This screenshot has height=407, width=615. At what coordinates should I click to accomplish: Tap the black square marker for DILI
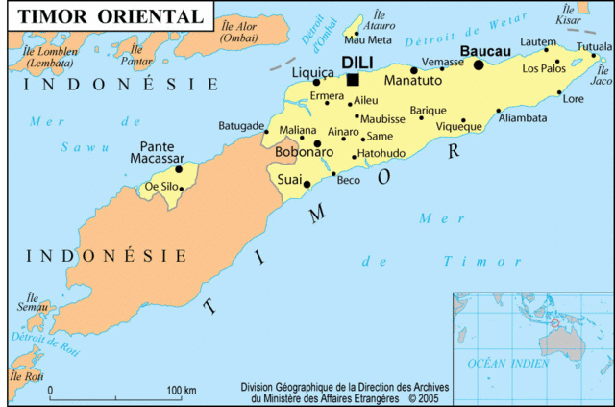pos(353,80)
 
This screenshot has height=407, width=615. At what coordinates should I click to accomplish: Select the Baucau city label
pos(484,50)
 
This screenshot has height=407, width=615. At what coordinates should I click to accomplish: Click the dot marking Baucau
pos(479,64)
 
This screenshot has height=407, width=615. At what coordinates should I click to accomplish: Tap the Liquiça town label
pos(312,71)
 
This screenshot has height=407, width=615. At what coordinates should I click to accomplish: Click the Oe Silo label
pos(160,186)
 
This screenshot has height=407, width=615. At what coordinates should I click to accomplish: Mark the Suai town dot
pos(307,183)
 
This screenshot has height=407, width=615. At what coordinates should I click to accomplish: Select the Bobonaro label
pos(304,152)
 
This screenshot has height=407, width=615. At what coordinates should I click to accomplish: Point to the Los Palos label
pos(544,68)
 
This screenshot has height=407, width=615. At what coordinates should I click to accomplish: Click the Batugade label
pos(240,126)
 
